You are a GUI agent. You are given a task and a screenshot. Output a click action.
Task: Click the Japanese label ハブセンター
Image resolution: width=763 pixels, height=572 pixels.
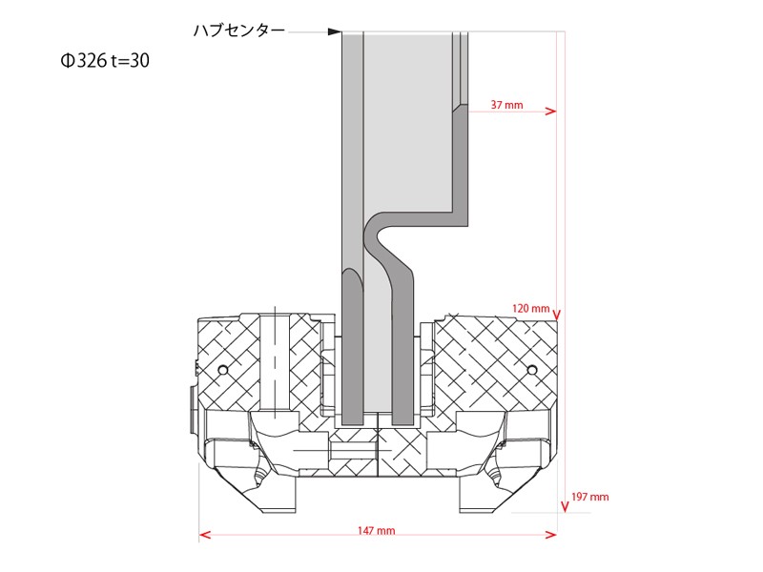[238, 31]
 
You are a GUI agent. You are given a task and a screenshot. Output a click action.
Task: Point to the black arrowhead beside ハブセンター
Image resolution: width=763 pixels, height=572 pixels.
[335, 31]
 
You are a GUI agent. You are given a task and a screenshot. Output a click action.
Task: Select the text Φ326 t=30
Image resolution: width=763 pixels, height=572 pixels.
[104, 61]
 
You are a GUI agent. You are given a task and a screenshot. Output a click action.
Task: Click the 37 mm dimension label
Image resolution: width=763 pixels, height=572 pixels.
[506, 104]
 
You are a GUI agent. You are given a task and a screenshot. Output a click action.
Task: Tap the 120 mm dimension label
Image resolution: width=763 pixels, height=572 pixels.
[530, 309]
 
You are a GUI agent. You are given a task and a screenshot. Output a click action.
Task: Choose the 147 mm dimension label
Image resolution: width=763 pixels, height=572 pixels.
[379, 530]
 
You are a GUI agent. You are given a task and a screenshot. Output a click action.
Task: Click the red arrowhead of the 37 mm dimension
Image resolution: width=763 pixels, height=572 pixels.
[550, 112]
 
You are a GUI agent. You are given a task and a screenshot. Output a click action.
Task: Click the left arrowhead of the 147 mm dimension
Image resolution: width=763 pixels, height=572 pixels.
[204, 534]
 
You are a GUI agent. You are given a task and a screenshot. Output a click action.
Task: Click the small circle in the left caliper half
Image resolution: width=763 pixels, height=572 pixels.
[222, 369]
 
